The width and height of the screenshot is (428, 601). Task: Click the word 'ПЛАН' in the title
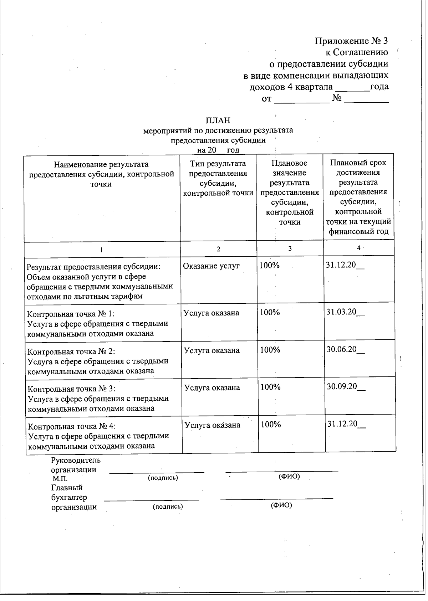pos(218,120)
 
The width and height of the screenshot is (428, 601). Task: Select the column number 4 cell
pos(359,248)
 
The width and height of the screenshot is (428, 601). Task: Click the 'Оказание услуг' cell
pos(211,266)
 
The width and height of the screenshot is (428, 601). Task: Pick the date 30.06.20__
pos(346,349)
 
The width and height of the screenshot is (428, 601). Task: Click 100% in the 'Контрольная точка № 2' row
pos(270,350)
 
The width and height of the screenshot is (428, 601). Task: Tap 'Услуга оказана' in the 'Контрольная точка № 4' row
pos(213,425)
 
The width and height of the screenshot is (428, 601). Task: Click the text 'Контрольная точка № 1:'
pos(71,314)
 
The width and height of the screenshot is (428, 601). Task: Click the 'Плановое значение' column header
pos(290,192)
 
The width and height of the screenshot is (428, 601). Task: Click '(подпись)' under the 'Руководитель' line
pos(163,478)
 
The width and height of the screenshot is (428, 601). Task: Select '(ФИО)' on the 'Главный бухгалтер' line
pos(281,505)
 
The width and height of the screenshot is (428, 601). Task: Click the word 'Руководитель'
pos(76,460)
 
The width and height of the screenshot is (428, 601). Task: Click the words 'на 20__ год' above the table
pos(218,150)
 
